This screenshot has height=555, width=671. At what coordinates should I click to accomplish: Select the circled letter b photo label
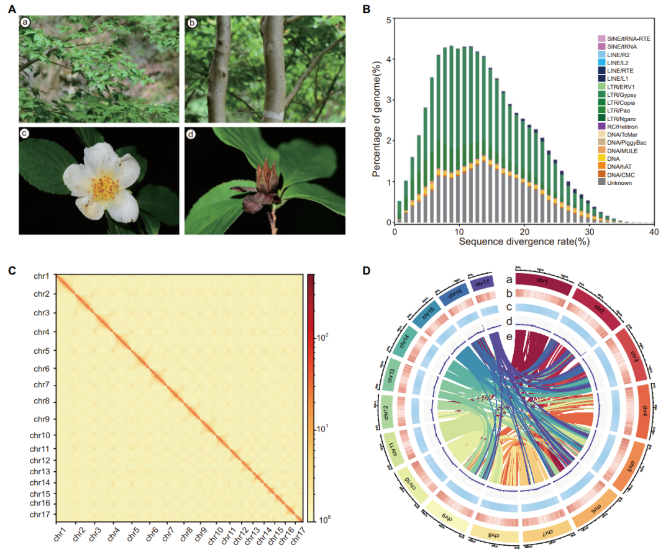(x=192, y=23)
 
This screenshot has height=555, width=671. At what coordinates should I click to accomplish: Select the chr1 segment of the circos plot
(x=542, y=283)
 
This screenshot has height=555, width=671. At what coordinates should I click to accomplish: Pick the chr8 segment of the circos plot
(x=494, y=535)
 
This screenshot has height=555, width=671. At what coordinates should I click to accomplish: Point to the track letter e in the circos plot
(x=509, y=336)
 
